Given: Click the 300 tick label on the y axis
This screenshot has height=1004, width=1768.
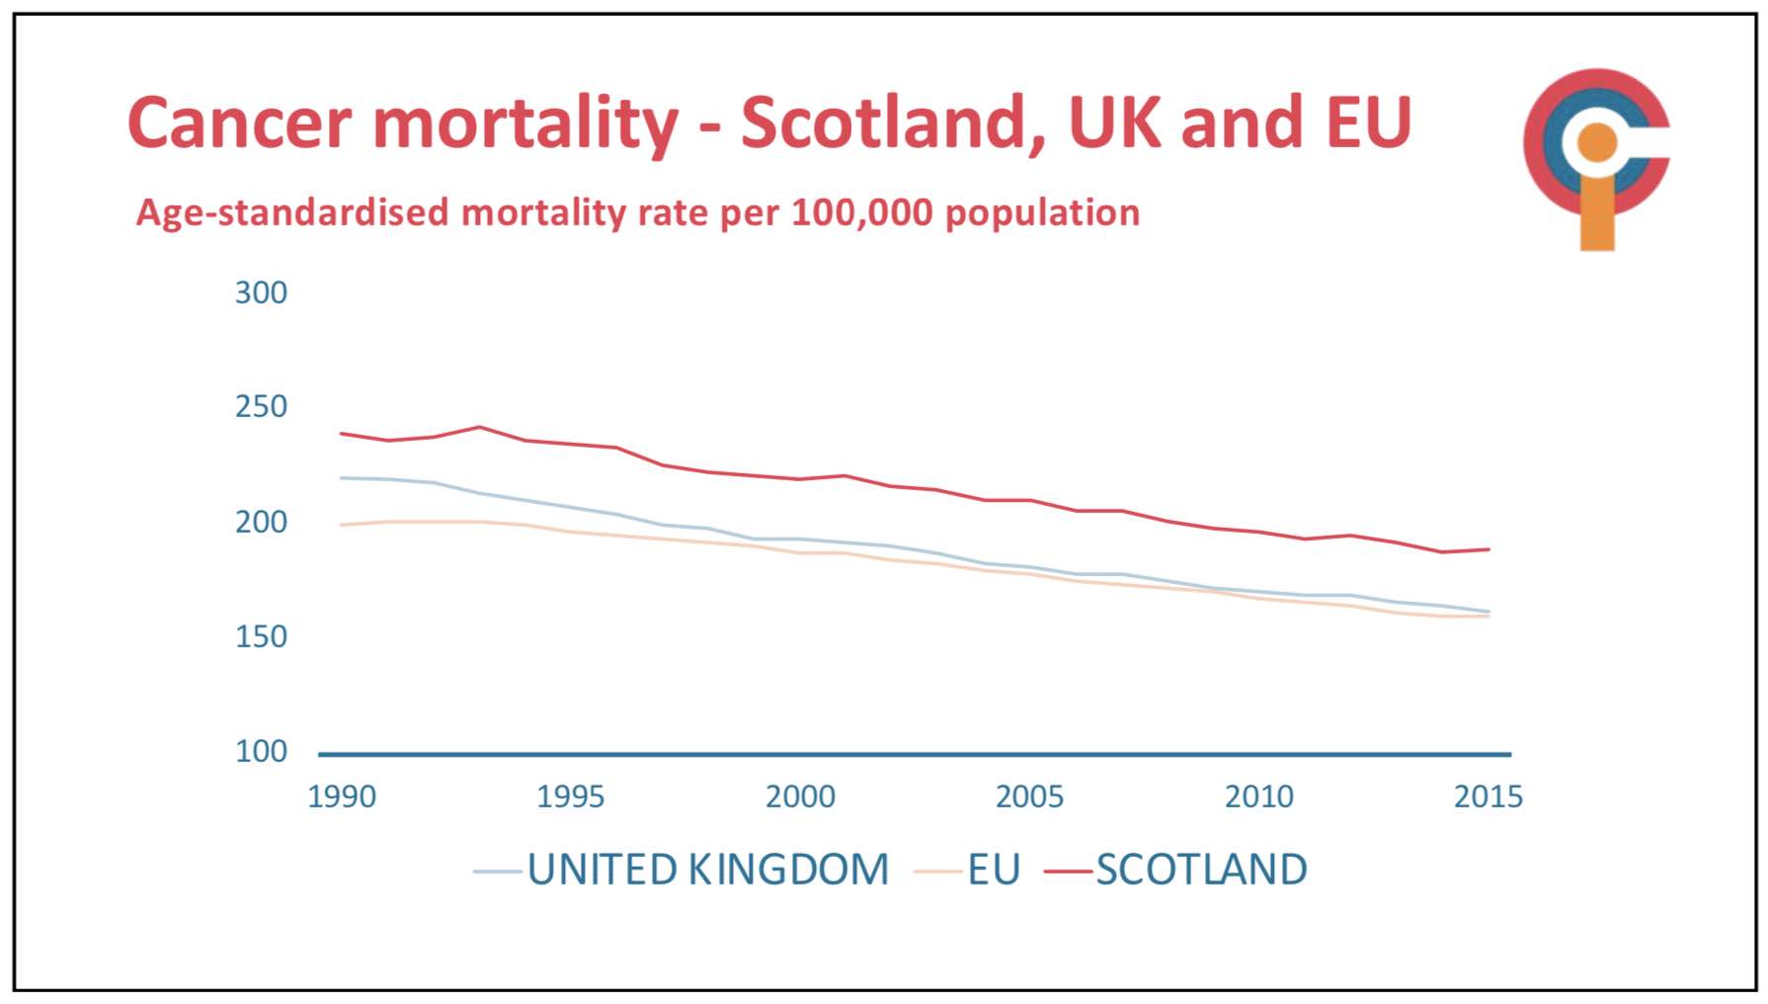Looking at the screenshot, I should [x=261, y=293].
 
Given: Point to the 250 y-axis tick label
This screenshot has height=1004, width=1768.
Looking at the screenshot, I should [x=261, y=406].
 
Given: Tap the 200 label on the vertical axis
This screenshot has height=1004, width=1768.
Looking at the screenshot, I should [x=261, y=522].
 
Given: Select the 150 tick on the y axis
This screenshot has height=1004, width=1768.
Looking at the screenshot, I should [x=261, y=636].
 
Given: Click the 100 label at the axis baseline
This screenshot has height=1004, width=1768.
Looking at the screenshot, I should [x=261, y=751].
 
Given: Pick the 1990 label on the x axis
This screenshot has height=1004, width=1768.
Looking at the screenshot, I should [x=342, y=796].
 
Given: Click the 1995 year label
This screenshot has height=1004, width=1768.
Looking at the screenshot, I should [x=571, y=796].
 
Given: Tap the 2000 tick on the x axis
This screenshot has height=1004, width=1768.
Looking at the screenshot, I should [x=800, y=796].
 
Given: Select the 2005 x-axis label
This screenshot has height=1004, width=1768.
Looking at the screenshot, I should [x=1029, y=796].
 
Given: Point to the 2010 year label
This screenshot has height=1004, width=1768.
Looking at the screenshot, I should [x=1259, y=796].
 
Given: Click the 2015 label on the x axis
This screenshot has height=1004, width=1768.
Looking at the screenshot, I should [x=1488, y=796].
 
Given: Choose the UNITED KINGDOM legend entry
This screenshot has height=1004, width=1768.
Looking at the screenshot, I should [x=707, y=870].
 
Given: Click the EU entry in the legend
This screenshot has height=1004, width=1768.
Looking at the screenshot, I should [x=993, y=870].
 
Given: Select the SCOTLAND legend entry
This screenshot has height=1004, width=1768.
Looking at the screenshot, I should [x=1201, y=870].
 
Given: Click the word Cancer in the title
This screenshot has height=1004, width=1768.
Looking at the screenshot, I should [x=240, y=124].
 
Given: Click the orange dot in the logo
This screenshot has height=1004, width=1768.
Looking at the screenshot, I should [x=1597, y=143].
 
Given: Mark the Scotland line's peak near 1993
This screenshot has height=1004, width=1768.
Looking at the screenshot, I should [x=479, y=427].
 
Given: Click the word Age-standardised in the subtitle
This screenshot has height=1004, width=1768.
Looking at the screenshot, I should [x=291, y=212].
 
